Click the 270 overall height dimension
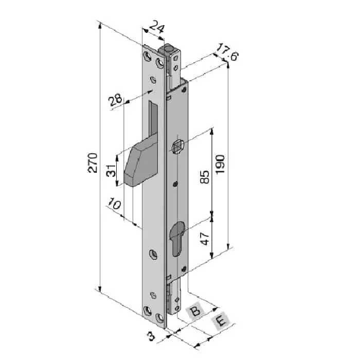[x=93, y=163]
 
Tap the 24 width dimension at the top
[x=157, y=27]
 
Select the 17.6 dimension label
[x=227, y=52]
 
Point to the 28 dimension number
[x=116, y=100]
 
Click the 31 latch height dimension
[x=111, y=170]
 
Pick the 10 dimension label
[x=114, y=203]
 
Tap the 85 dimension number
[x=205, y=177]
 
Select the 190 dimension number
[x=220, y=165]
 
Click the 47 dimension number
[x=205, y=239]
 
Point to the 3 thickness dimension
[x=152, y=336]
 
